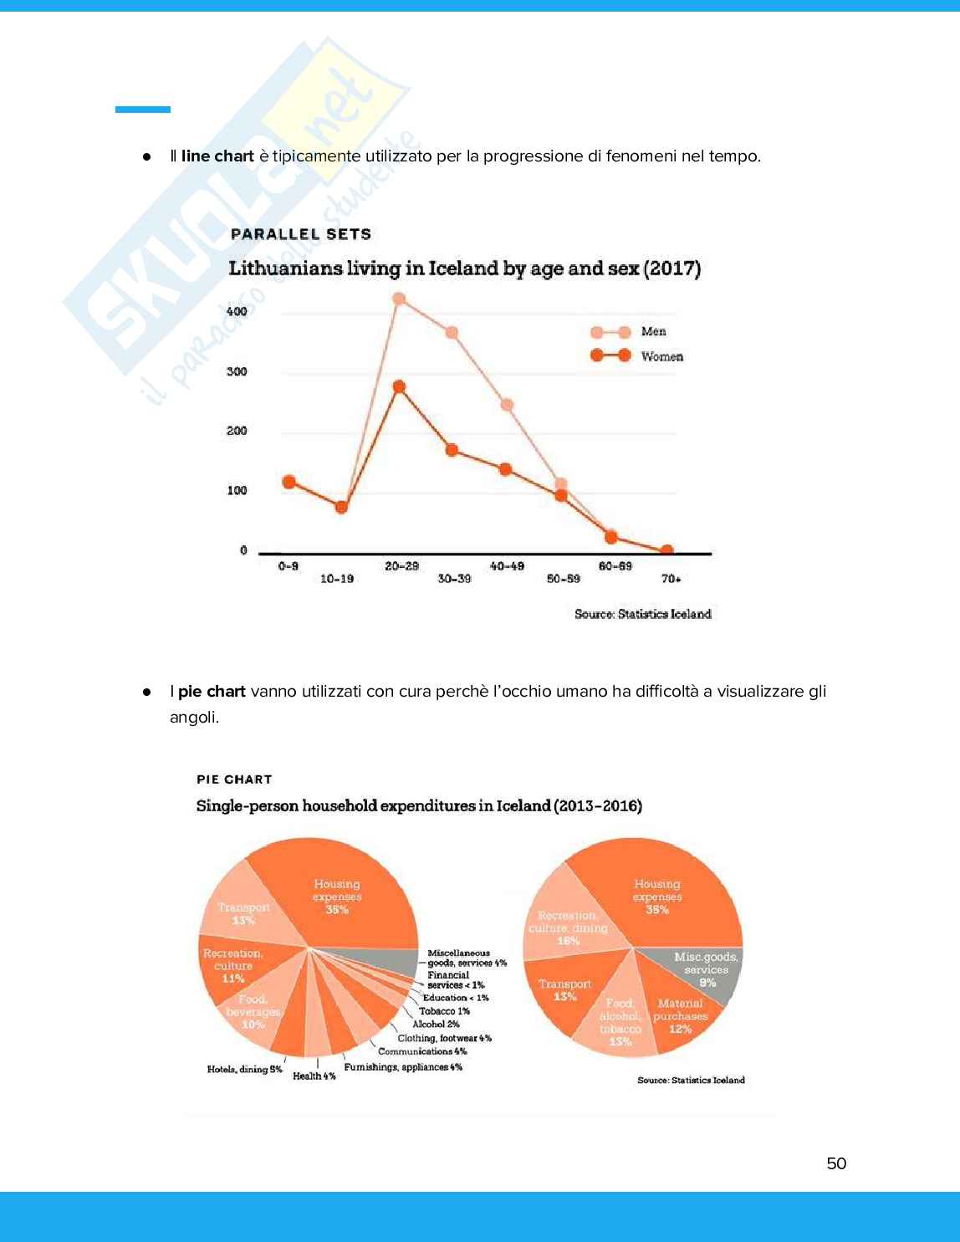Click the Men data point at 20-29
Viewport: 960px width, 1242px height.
click(399, 299)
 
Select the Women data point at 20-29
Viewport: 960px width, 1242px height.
click(399, 387)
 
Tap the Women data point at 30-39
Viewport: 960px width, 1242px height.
click(452, 450)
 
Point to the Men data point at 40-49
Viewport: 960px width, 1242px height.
click(507, 406)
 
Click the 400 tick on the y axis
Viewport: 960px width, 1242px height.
click(237, 311)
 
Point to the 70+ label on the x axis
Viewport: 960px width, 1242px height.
click(671, 579)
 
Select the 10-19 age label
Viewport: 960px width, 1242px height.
click(337, 579)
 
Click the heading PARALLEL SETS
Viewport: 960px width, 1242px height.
click(301, 234)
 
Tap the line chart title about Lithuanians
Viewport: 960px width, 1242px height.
click(464, 268)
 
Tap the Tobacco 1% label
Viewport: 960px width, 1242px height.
click(444, 1011)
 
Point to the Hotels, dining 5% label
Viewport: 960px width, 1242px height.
click(244, 1069)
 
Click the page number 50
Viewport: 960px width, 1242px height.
click(836, 1163)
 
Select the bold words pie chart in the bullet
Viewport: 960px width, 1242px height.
click(212, 692)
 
